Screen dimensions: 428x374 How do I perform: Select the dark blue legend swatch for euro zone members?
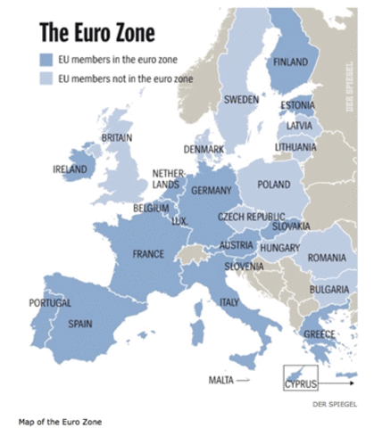pyautogui.click(x=46, y=59)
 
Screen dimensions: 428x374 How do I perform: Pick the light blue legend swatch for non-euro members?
pyautogui.click(x=46, y=78)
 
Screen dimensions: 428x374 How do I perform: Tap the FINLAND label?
pyautogui.click(x=290, y=62)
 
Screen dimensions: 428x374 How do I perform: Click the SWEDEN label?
pyautogui.click(x=241, y=99)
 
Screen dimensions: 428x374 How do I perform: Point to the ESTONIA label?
pyautogui.click(x=297, y=106)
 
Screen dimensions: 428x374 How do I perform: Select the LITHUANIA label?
pyautogui.click(x=295, y=146)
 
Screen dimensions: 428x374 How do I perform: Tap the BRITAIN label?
pyautogui.click(x=116, y=138)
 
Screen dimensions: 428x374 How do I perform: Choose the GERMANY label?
pyautogui.click(x=212, y=190)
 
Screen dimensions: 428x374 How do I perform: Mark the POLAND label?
pyautogui.click(x=273, y=185)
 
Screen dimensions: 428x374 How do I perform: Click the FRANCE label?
pyautogui.click(x=148, y=254)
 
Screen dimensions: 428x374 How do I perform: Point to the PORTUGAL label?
pyautogui.click(x=49, y=303)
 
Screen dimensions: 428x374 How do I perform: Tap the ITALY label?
pyautogui.click(x=229, y=303)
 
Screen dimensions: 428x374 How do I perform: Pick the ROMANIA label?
pyautogui.click(x=326, y=257)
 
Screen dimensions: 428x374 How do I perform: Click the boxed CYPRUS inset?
pyautogui.click(x=301, y=378)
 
